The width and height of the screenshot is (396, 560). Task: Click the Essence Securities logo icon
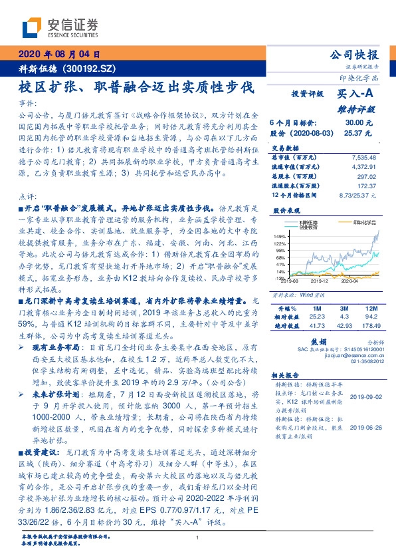click(33, 28)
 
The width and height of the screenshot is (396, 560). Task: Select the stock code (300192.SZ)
click(91, 69)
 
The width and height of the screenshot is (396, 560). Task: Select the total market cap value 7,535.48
click(361, 157)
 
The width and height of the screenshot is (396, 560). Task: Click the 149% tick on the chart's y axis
click(280, 236)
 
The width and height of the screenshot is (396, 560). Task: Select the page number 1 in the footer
click(198, 537)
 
